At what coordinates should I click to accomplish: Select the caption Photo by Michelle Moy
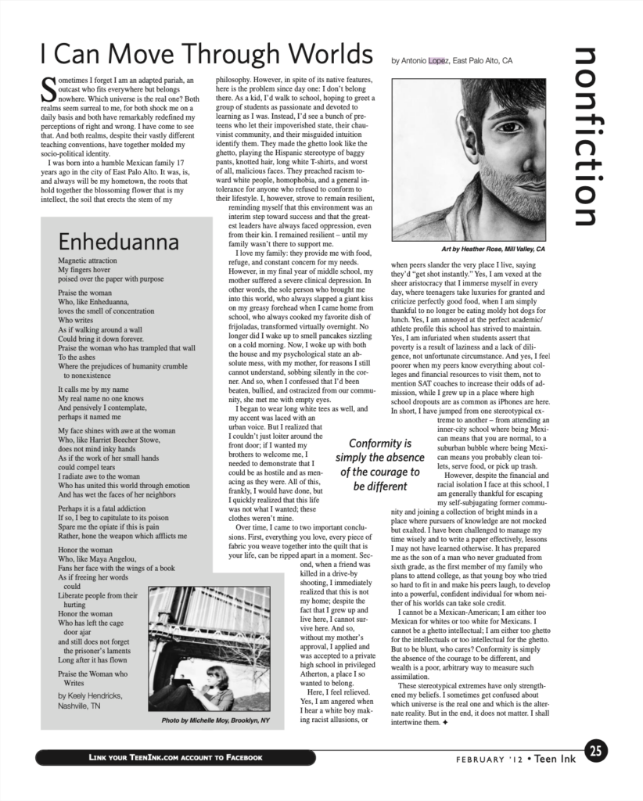(x=215, y=720)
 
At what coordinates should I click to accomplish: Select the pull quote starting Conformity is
(x=380, y=464)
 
